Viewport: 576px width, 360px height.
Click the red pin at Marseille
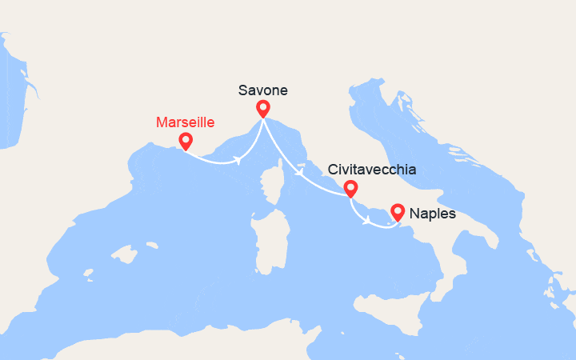click(186, 141)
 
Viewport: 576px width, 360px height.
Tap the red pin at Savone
click(262, 108)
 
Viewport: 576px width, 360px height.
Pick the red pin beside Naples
click(397, 212)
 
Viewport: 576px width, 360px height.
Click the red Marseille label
click(186, 122)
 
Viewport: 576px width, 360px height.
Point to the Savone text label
click(263, 90)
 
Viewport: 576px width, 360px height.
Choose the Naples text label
click(432, 214)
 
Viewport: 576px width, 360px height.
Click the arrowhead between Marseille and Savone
click(238, 160)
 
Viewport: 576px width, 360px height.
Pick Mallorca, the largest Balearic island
click(124, 256)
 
